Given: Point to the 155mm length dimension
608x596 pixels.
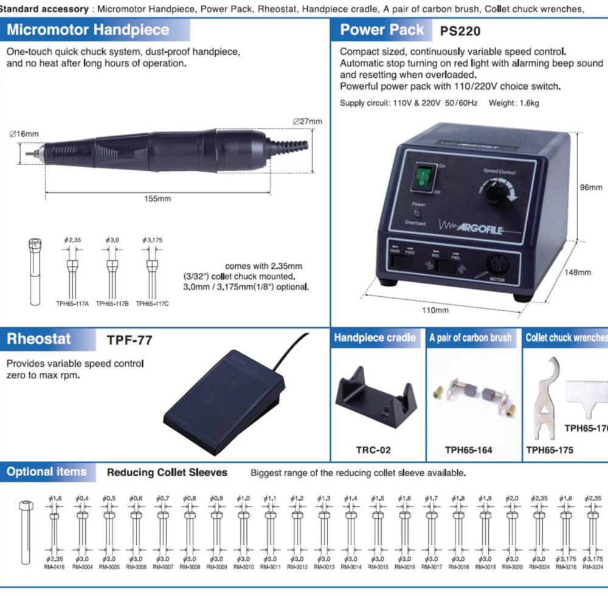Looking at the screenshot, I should click(x=157, y=199).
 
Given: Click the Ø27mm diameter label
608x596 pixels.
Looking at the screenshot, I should click(x=307, y=121).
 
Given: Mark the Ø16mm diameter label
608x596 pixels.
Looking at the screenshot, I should click(x=24, y=134).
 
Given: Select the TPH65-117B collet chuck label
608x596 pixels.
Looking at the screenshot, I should click(x=112, y=303).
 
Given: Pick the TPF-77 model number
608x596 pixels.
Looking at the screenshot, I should click(x=130, y=340).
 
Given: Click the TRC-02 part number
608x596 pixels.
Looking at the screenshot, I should click(x=373, y=451).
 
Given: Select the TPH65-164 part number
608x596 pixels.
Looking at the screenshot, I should click(x=468, y=451).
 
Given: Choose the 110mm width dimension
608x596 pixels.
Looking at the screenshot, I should click(x=435, y=310).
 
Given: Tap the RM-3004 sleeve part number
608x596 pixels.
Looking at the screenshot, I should click(x=81, y=567).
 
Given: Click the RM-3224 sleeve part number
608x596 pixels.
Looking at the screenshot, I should click(x=592, y=567).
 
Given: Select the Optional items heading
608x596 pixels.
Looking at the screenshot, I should click(x=46, y=472).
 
